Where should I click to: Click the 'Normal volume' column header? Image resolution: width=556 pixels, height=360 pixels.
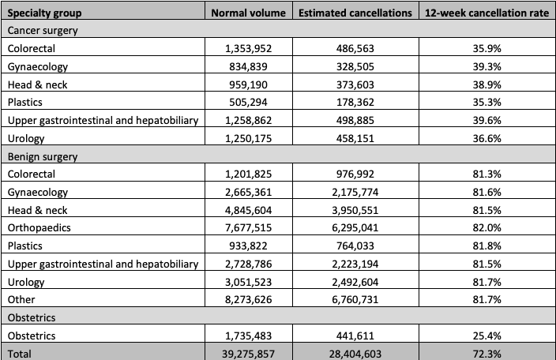click(248, 13)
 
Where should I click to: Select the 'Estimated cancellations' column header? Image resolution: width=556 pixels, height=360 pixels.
click(355, 13)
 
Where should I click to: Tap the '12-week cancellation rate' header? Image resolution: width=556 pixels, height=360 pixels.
click(486, 13)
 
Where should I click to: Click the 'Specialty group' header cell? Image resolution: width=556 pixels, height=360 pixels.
click(44, 13)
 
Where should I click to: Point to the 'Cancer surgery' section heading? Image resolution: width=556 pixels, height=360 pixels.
click(43, 31)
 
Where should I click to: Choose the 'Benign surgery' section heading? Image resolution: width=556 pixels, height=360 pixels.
click(43, 156)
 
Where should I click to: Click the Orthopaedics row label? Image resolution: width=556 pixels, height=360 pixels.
click(39, 228)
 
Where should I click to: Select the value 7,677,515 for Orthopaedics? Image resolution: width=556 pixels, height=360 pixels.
click(248, 228)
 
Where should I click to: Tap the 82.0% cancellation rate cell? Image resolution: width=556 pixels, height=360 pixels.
click(486, 228)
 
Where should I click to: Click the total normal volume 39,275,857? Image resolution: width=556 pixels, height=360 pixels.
click(248, 354)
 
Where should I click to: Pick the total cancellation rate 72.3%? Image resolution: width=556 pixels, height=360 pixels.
click(486, 354)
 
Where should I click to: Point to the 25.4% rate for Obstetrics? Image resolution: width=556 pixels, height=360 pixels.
click(486, 336)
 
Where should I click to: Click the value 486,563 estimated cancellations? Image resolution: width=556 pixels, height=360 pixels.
click(355, 48)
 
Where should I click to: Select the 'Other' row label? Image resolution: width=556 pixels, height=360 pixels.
click(21, 300)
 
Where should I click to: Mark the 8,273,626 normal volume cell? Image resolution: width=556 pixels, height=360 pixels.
click(248, 300)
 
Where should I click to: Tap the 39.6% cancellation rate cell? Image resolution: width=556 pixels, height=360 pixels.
click(486, 121)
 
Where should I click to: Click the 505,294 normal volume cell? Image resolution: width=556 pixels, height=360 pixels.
click(248, 103)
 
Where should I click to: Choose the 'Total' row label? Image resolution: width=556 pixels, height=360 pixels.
click(19, 354)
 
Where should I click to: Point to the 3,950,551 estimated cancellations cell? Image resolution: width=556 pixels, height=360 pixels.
click(355, 211)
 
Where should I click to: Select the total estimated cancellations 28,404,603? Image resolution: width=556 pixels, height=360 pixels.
click(355, 354)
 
